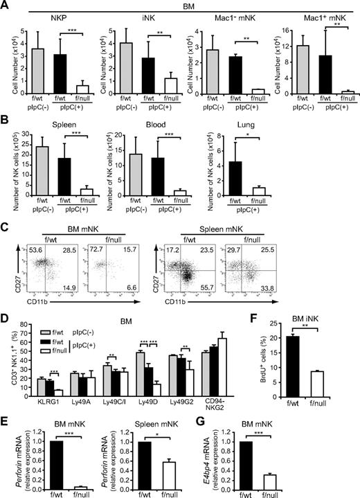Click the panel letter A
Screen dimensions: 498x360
[x=6, y=6]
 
